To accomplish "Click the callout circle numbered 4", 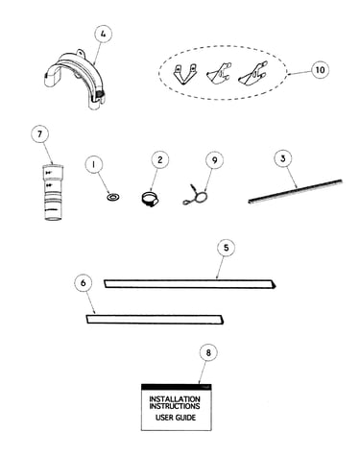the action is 103,35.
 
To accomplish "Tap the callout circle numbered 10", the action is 321,70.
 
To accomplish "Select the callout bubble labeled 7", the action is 39,134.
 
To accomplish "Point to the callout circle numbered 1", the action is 94,165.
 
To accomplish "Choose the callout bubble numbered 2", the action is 159,159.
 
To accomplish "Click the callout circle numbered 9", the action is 214,160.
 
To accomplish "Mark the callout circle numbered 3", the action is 282,158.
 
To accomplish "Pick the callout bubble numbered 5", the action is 226,248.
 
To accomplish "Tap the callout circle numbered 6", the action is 84,283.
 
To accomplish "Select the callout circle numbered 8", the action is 208,352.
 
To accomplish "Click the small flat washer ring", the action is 113,197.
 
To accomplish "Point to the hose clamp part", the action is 150,199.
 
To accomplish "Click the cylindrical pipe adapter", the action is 54,192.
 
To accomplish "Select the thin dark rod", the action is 295,191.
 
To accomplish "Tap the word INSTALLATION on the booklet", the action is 175,399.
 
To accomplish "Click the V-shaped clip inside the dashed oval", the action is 184,74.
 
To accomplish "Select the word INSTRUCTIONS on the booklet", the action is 175,406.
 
